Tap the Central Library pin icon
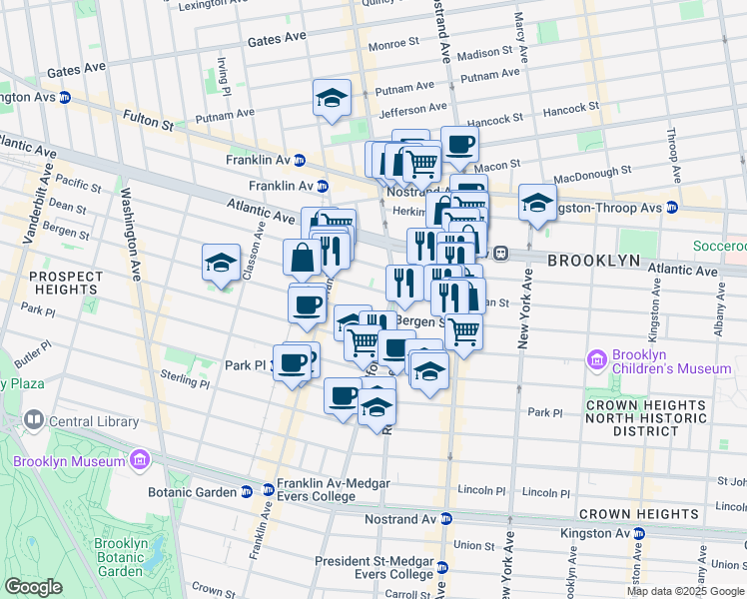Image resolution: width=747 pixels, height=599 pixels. (34, 421)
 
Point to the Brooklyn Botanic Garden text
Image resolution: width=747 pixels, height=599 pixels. (121, 557)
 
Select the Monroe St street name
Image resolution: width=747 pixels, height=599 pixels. (393, 44)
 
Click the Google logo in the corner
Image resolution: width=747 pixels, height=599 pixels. (34, 587)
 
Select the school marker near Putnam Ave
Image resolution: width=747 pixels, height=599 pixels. (332, 98)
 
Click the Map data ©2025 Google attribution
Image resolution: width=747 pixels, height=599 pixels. (685, 591)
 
